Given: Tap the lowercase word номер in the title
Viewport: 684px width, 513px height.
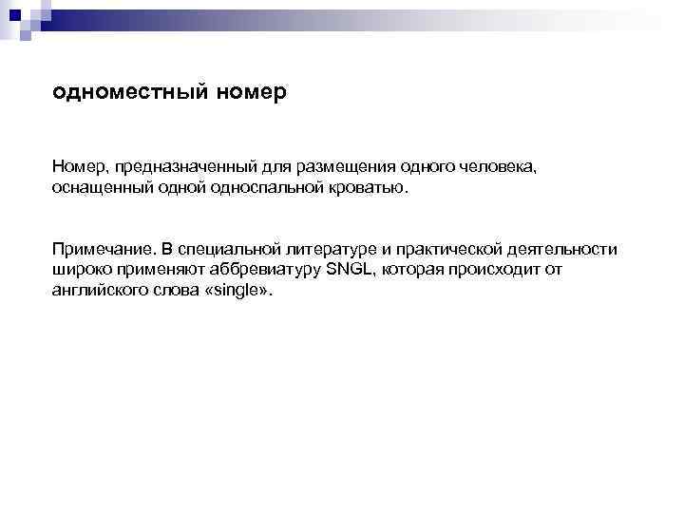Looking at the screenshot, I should click(252, 94).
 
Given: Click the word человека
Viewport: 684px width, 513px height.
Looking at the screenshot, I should click(493, 167).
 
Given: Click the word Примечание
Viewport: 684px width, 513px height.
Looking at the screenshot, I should click(100, 249).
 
